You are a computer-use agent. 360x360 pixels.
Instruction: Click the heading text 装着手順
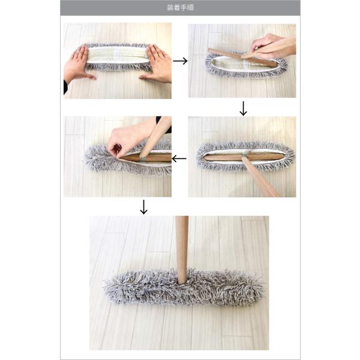180,8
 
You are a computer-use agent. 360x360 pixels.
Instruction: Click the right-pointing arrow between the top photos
180,61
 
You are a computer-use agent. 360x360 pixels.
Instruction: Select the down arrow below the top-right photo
243,109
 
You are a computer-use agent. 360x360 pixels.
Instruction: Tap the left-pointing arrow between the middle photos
179,158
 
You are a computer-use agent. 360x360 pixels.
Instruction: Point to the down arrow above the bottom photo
144,207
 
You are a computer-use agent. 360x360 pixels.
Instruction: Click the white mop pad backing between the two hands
118,56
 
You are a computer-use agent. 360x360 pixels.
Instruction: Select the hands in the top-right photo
269,46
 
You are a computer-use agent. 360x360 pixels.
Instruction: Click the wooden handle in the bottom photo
182,249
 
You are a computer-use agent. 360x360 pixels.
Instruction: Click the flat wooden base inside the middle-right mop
244,157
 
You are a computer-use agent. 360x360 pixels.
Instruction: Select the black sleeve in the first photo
65,87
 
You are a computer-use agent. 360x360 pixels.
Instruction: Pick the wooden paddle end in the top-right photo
241,58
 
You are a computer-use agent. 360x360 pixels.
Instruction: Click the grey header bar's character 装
170,8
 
